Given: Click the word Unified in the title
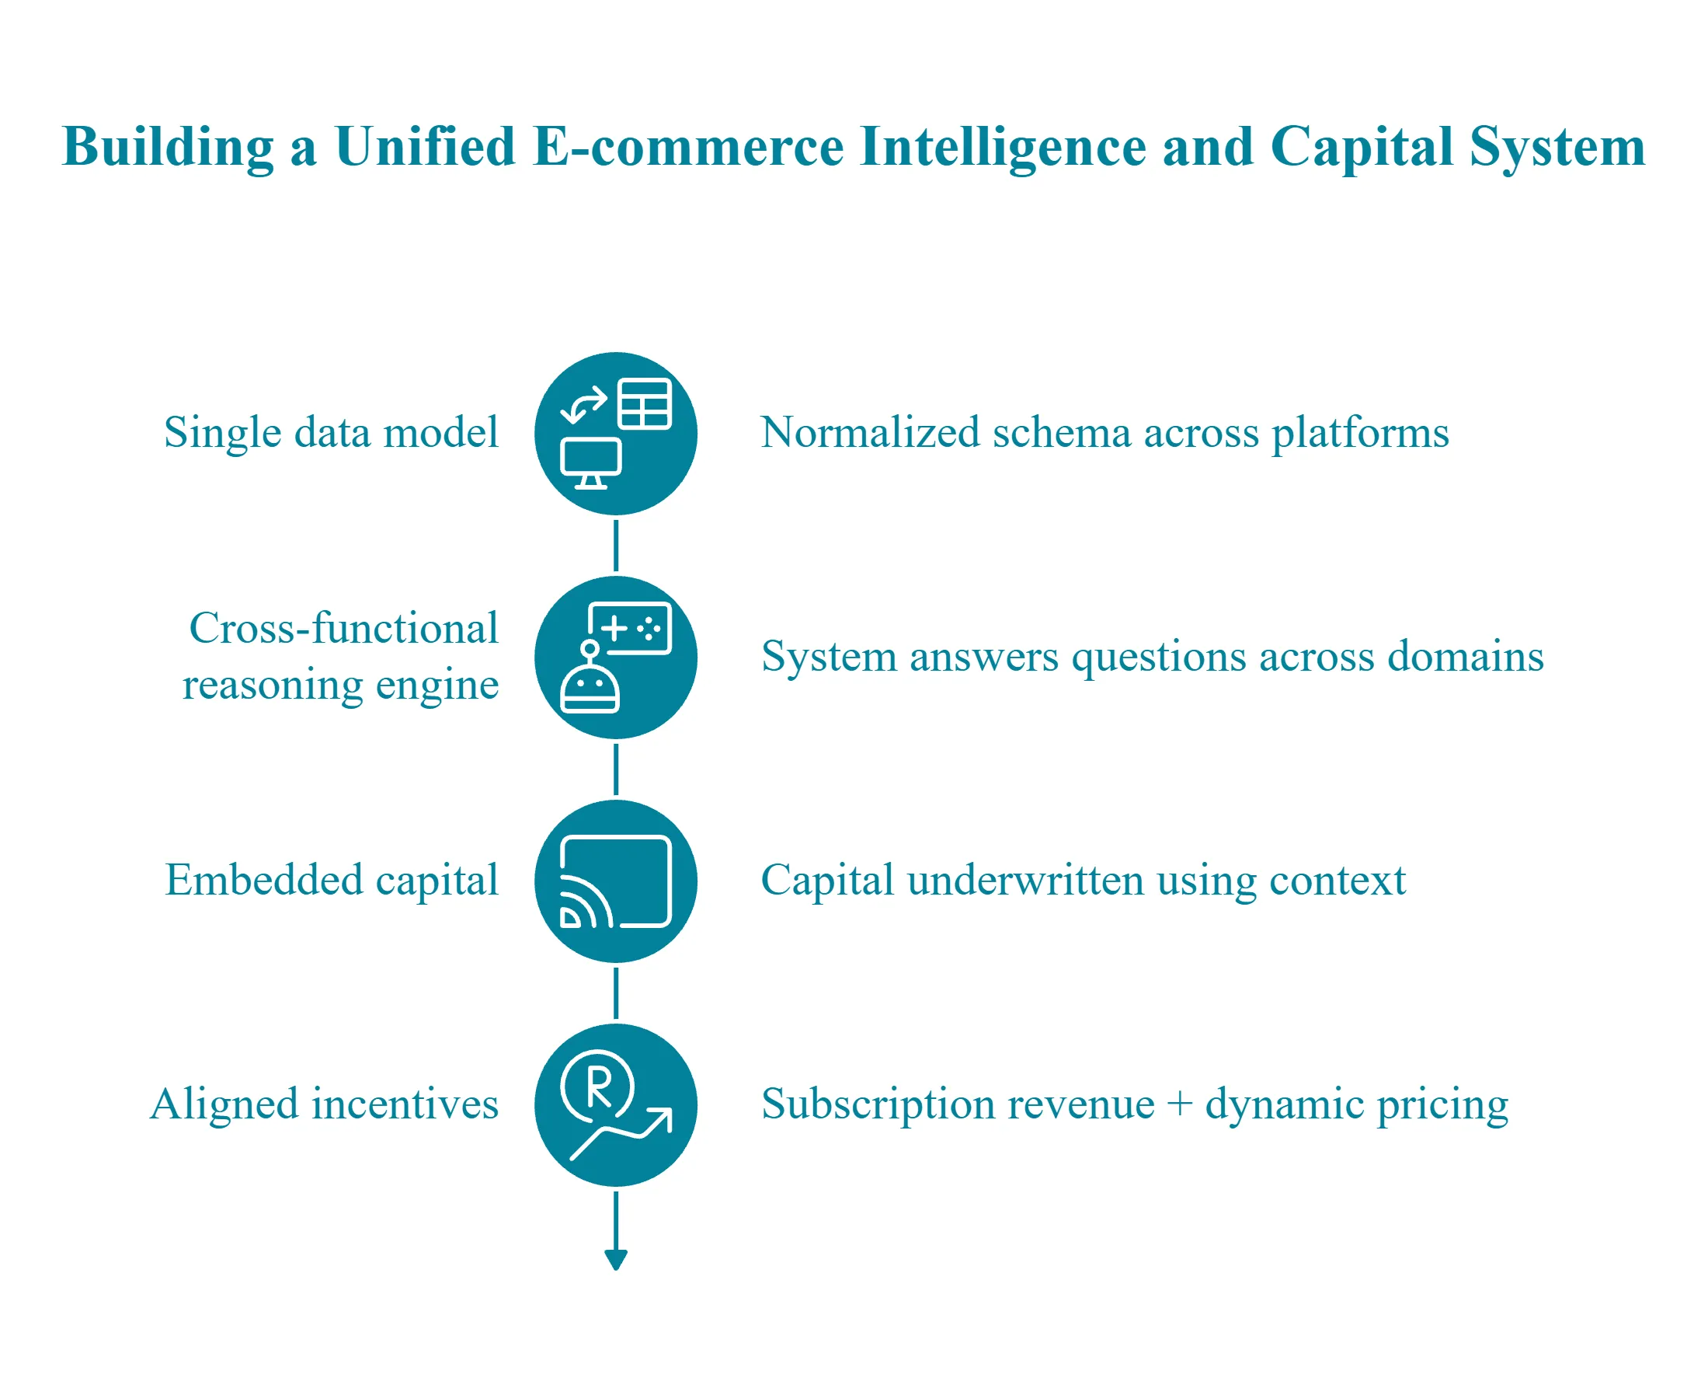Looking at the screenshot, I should [x=425, y=147].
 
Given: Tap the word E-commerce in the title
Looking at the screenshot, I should [x=687, y=147].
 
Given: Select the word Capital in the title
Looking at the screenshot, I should [x=1361, y=147].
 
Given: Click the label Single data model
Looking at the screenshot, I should [x=331, y=432].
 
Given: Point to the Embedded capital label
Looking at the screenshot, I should [x=332, y=880].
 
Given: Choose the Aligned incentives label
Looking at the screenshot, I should [x=325, y=1104].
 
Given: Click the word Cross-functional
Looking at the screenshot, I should [x=343, y=628].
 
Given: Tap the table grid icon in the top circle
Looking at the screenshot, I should [x=645, y=404].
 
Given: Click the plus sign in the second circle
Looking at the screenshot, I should [x=614, y=629].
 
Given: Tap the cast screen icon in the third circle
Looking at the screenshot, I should [x=616, y=881].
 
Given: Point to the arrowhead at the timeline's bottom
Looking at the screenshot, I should [x=616, y=1259].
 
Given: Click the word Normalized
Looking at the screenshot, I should [x=870, y=432].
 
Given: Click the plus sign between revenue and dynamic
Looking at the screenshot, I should [x=1179, y=1104].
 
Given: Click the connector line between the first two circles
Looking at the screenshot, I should [x=616, y=546].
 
